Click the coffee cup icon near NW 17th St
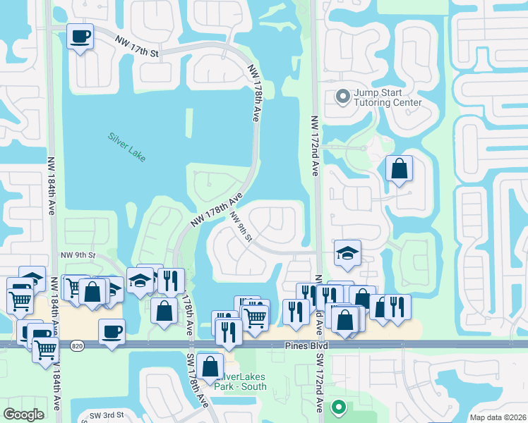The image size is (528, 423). (80, 36)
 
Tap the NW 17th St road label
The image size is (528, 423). (138, 44)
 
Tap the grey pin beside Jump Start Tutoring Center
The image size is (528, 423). (342, 97)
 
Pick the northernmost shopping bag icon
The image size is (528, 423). (400, 169)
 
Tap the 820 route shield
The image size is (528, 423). (78, 345)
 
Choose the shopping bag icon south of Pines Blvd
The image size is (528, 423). (210, 366)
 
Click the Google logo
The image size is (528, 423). (23, 415)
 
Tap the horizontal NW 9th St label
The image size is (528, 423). (78, 255)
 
